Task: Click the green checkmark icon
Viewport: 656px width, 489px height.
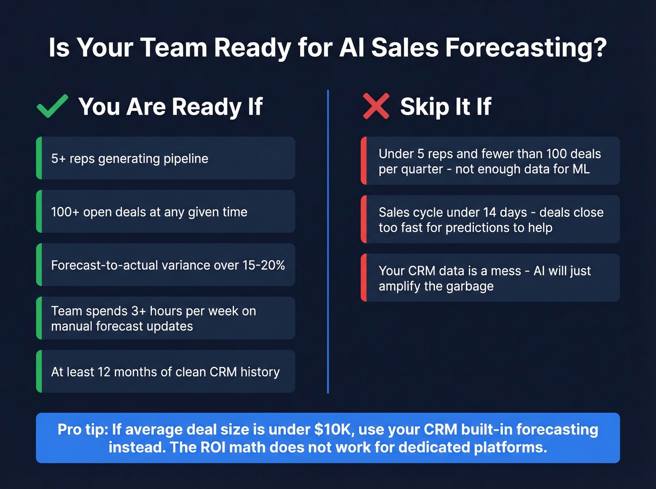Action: (x=52, y=106)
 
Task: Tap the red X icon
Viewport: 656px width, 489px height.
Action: (x=376, y=106)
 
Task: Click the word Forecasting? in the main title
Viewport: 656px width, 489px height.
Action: (x=526, y=48)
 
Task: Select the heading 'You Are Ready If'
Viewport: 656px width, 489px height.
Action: (x=171, y=107)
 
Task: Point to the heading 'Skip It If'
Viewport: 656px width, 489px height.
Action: (x=445, y=107)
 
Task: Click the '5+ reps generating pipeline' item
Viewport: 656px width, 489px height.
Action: (x=130, y=159)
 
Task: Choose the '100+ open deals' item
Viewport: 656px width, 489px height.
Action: (x=149, y=212)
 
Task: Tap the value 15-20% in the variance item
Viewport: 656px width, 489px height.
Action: (x=263, y=265)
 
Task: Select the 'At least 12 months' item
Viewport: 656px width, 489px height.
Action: (x=165, y=372)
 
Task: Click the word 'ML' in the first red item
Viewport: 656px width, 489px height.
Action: (x=581, y=169)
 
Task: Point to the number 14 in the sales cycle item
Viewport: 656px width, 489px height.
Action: (x=490, y=212)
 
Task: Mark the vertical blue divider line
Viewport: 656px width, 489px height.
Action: (x=328, y=241)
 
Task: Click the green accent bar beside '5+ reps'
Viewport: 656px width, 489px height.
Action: (x=39, y=158)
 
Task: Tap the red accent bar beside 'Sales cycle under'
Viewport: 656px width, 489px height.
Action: (x=364, y=219)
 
